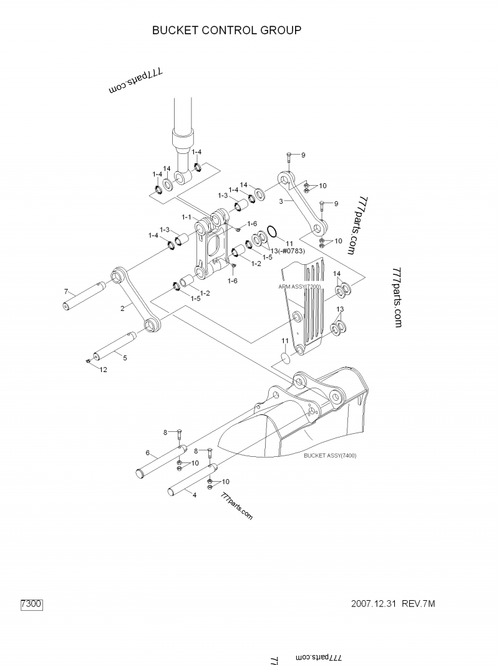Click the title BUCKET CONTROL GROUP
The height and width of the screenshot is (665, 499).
click(x=227, y=30)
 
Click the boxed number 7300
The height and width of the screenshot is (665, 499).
click(x=31, y=604)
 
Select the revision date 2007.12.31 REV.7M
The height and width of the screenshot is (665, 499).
click(x=393, y=604)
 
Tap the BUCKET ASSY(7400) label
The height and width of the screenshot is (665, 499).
click(x=330, y=456)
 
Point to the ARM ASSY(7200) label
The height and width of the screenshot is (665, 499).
click(x=299, y=286)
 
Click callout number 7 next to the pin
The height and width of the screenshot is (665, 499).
click(x=65, y=291)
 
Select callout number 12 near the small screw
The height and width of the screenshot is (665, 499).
click(x=103, y=370)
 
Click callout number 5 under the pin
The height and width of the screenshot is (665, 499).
click(x=125, y=358)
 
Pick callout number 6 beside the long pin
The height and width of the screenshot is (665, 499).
click(x=147, y=452)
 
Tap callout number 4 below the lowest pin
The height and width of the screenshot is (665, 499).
click(x=194, y=495)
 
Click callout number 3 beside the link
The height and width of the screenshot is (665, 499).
click(x=281, y=201)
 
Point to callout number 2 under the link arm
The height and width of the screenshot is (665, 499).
click(x=123, y=307)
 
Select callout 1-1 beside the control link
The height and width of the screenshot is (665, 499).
click(x=186, y=217)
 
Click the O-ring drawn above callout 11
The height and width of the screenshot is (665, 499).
click(x=272, y=231)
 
